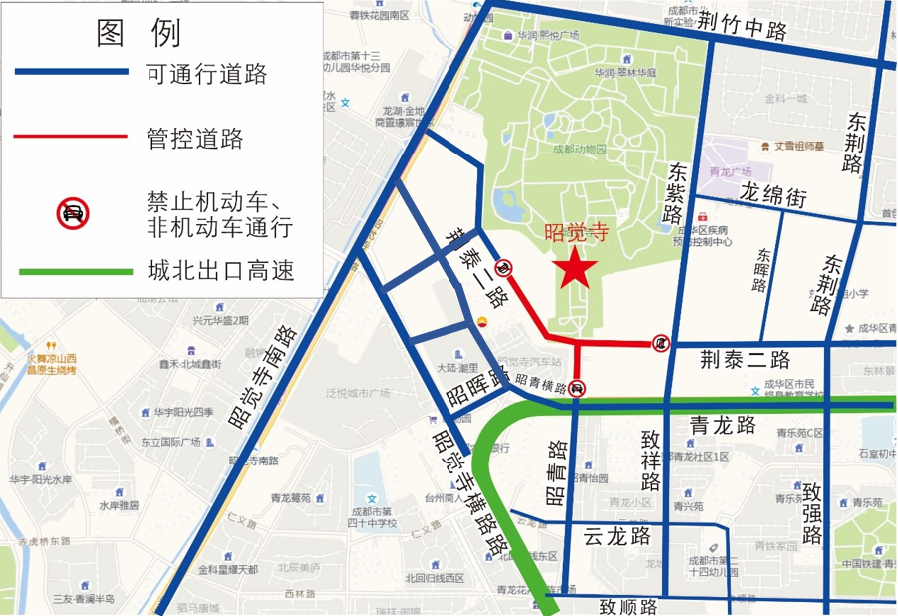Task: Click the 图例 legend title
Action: tap(139, 33)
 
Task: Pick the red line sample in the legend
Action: tap(71, 136)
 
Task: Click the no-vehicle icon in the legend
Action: tap(72, 213)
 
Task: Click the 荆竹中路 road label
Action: tap(743, 25)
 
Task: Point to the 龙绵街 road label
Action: tap(773, 195)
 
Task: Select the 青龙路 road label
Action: tap(723, 426)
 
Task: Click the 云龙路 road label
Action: tap(617, 536)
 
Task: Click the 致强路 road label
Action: tap(811, 513)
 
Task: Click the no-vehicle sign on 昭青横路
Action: tap(578, 389)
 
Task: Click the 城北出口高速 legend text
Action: tap(220, 271)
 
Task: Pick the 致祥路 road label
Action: tap(652, 460)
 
